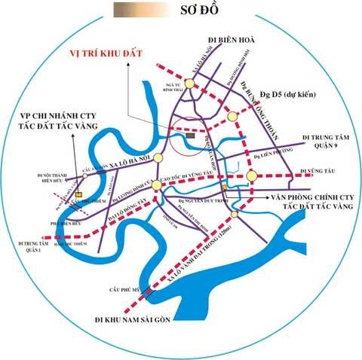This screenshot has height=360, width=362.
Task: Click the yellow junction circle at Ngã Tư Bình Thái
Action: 189,84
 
